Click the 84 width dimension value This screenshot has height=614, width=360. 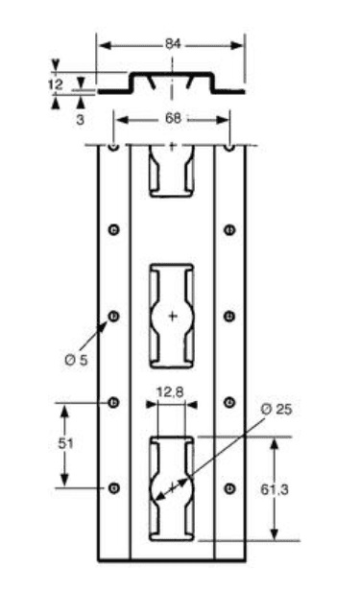[172, 44]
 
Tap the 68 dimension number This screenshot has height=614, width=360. [172, 119]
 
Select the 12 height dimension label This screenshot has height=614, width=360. [54, 84]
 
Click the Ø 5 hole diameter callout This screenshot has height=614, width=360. [76, 359]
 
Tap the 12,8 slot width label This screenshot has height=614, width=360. [170, 390]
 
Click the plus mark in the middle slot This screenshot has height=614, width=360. [172, 316]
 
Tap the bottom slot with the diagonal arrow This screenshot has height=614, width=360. [172, 487]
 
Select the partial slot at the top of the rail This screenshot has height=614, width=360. [172, 170]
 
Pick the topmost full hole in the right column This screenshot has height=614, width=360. [229, 228]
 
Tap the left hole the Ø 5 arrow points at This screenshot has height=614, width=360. [114, 316]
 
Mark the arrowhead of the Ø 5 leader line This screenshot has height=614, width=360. [108, 322]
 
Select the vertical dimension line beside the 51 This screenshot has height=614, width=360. [65, 445]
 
